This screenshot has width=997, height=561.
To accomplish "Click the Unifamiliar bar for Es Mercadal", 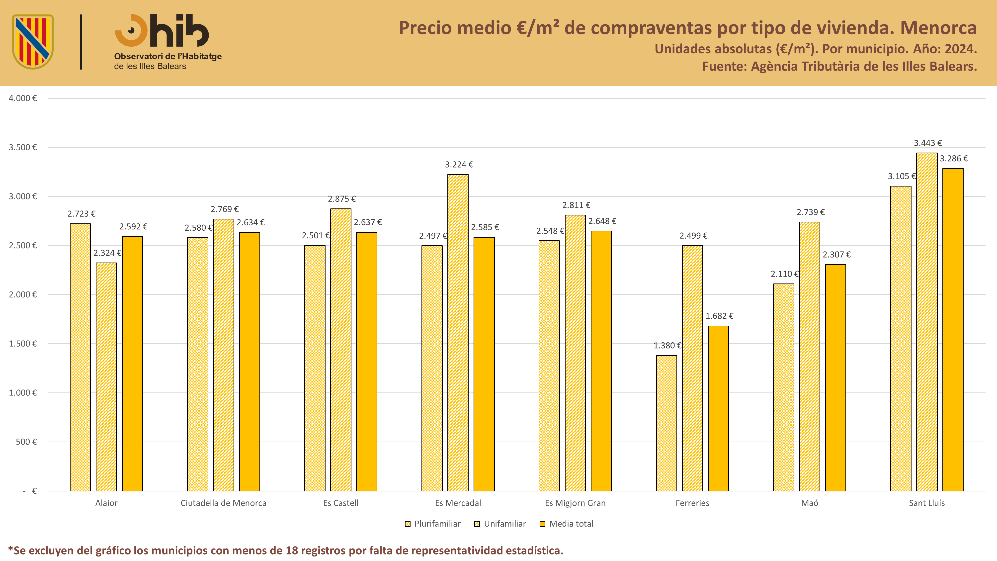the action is tap(458, 333).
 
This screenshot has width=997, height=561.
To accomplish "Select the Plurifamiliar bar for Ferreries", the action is tap(666, 423).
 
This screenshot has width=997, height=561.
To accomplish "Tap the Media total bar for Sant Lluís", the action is tap(953, 329).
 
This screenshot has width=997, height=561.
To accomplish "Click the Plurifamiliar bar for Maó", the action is tap(784, 387).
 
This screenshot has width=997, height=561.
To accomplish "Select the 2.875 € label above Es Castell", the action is tap(342, 199).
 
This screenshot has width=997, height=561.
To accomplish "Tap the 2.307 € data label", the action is tap(837, 254).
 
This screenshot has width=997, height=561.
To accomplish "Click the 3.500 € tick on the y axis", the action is tap(23, 147).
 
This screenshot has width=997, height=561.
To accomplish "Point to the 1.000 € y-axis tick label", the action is tap(23, 393).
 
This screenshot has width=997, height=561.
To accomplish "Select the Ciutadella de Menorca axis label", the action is tap(224, 503).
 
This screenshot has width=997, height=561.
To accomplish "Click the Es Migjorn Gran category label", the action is tap(575, 503).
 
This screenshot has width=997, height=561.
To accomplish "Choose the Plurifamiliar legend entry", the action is tap(433, 524).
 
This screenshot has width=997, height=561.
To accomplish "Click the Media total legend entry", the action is tap(567, 524).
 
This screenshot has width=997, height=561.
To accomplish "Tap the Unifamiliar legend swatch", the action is tap(477, 524).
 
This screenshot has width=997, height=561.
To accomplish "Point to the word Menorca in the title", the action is tap(939, 28).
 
